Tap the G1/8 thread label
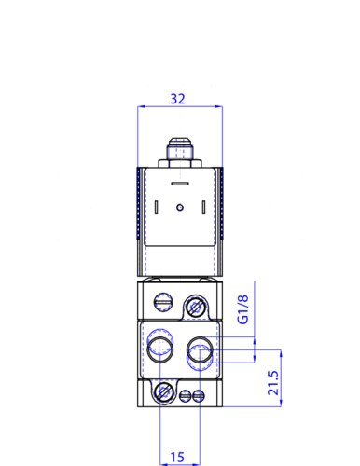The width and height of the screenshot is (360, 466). pos(243,308)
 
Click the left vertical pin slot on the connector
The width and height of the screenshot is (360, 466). pos(159,207)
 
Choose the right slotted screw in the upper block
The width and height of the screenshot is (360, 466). pos(196,305)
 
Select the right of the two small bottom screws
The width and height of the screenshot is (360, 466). pos(196,395)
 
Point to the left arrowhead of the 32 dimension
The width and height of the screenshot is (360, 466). pos(141,107)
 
